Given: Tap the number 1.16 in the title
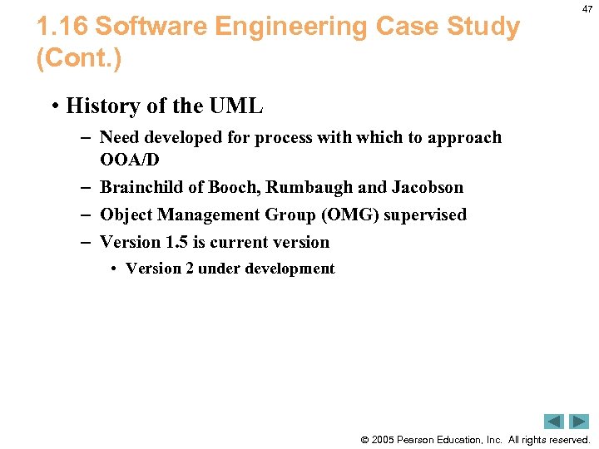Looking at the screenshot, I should (x=62, y=27).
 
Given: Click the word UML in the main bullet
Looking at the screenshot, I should (x=235, y=106).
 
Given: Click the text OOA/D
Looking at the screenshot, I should (x=129, y=160).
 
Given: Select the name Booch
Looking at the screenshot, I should (x=234, y=187).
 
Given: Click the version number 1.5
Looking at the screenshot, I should (x=177, y=242).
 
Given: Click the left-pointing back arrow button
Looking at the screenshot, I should (x=554, y=422).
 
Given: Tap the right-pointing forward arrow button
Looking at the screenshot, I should (x=579, y=422).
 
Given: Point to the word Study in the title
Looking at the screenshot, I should (x=485, y=27).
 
